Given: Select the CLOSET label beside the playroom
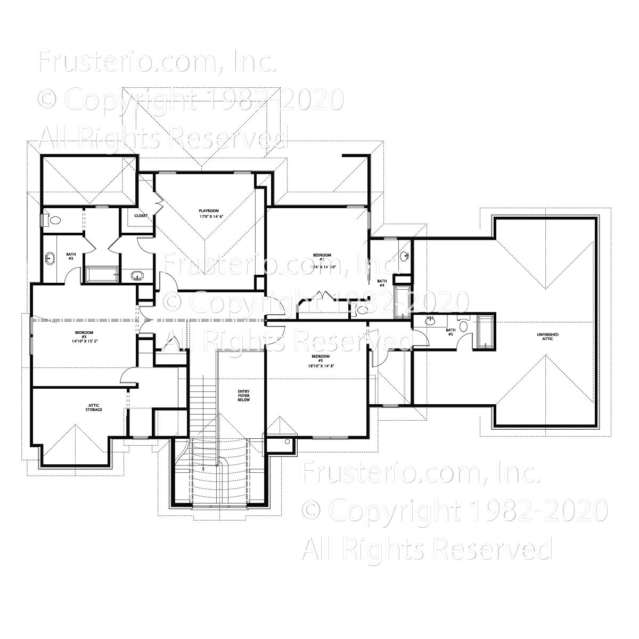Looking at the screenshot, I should (141, 216).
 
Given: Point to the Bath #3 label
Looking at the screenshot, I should (70, 256).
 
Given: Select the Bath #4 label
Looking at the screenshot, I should (382, 283).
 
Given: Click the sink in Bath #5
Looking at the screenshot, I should (430, 322).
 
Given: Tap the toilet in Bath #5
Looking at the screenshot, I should (463, 326).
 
